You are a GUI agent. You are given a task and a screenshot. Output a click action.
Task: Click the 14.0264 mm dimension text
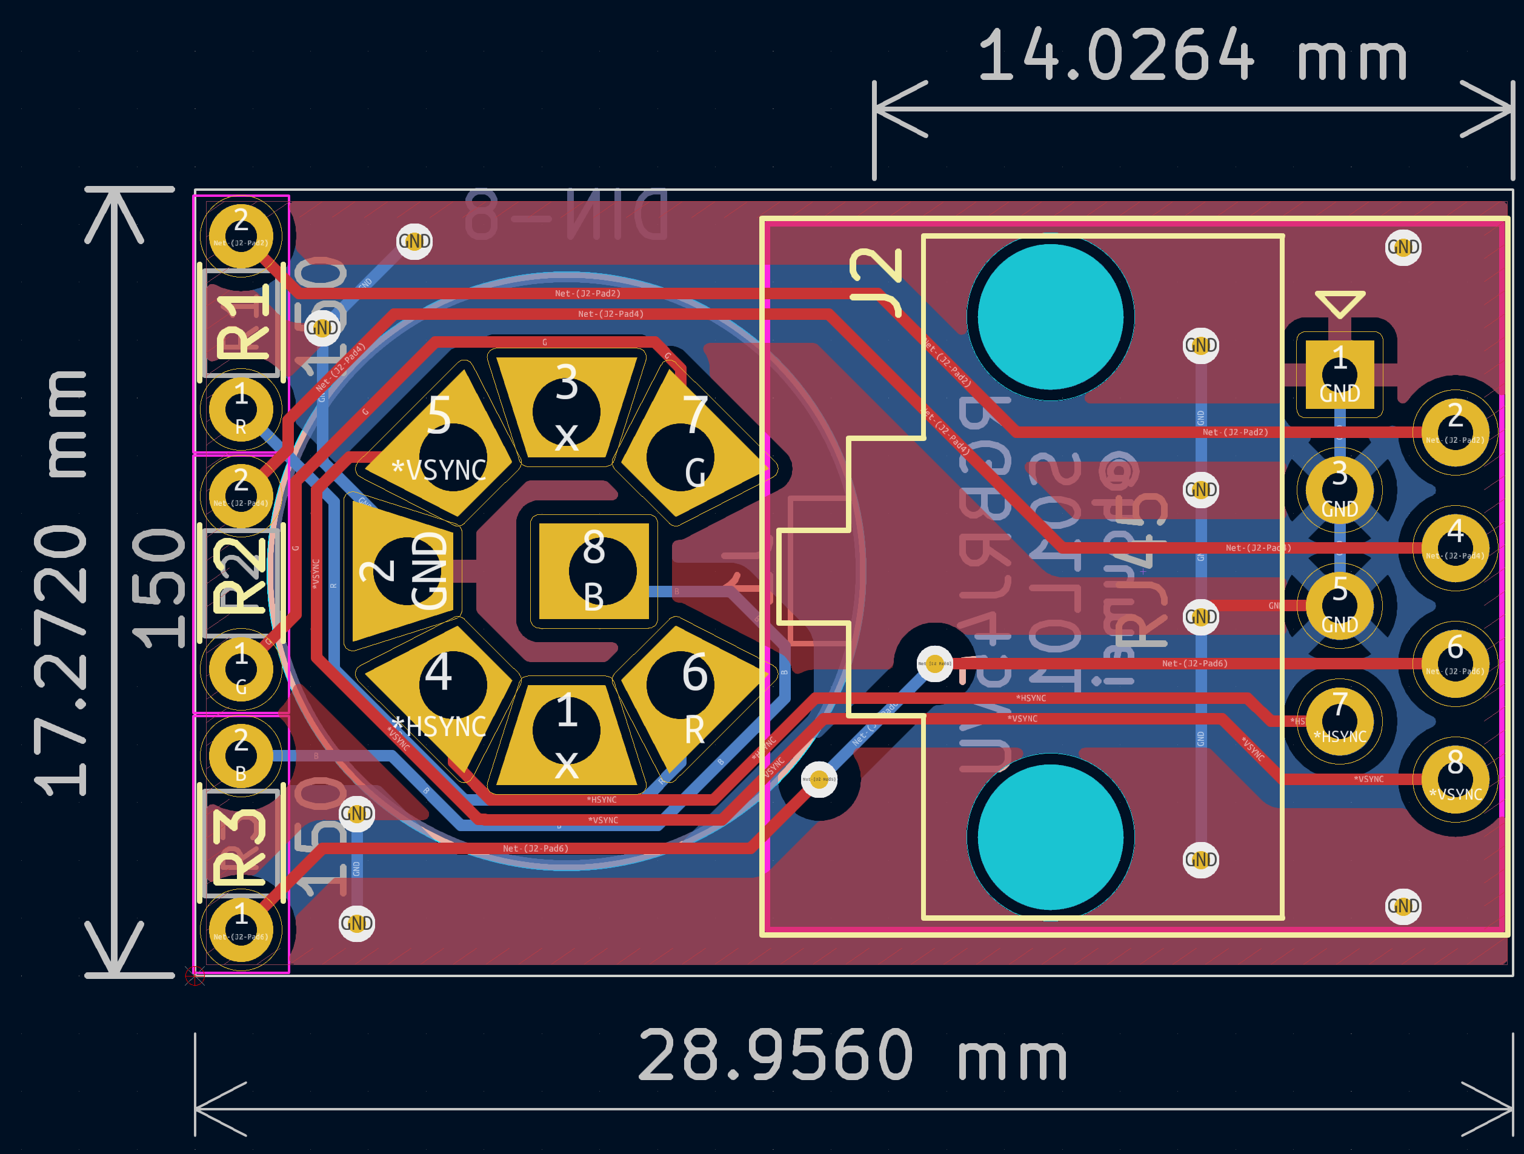pyautogui.click(x=1192, y=55)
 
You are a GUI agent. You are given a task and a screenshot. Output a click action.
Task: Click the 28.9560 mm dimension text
pyautogui.click(x=853, y=1055)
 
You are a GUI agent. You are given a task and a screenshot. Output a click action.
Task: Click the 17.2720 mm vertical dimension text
pyautogui.click(x=62, y=582)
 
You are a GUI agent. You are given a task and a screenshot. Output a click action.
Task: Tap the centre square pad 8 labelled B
pyautogui.click(x=594, y=571)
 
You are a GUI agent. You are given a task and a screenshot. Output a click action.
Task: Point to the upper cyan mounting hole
pyautogui.click(x=1050, y=317)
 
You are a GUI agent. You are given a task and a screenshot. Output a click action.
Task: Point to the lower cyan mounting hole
pyautogui.click(x=1050, y=837)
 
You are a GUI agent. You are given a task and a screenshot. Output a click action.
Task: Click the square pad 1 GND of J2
pyautogui.click(x=1339, y=375)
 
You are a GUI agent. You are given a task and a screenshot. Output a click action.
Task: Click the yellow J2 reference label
pyautogui.click(x=876, y=282)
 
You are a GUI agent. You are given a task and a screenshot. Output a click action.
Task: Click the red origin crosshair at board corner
pyautogui.click(x=195, y=975)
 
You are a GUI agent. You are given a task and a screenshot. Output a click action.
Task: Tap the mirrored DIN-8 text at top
pyautogui.click(x=567, y=215)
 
